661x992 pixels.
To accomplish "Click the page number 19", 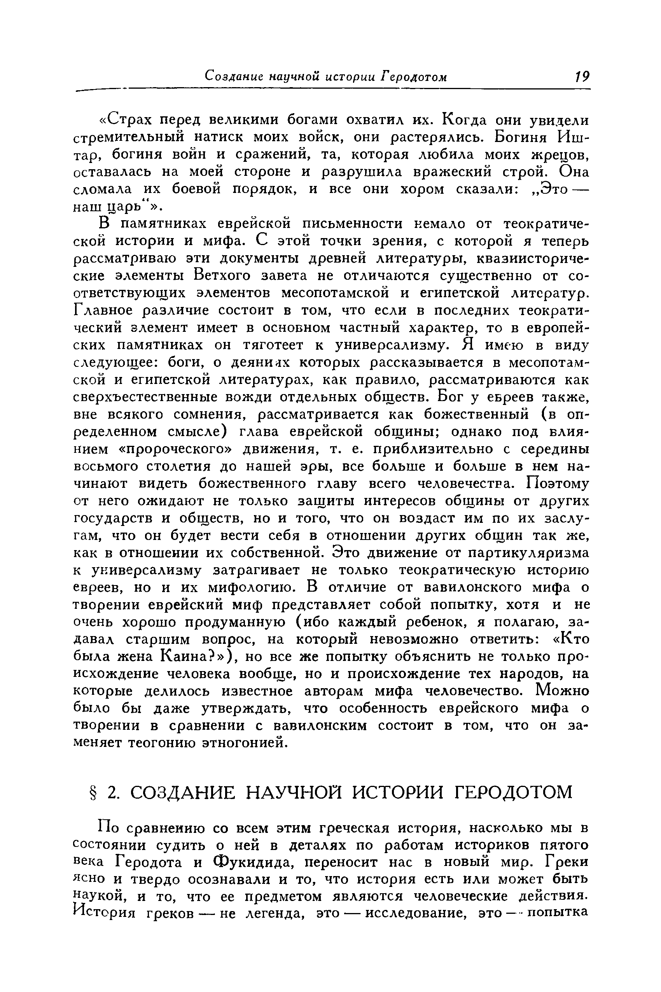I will tap(583, 77).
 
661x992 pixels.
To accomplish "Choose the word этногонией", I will tap(245, 743).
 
